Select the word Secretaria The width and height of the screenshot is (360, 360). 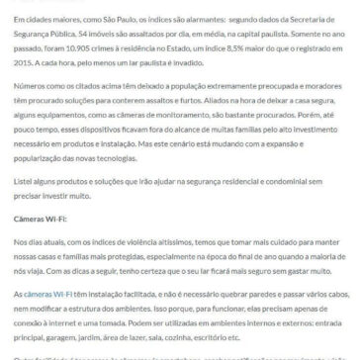[318, 11]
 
